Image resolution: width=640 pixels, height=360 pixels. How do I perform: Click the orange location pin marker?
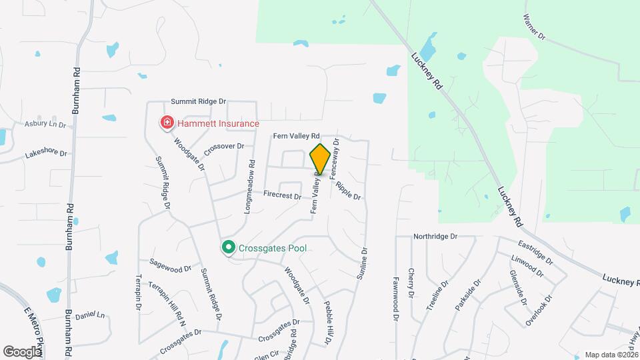pyautogui.click(x=320, y=159)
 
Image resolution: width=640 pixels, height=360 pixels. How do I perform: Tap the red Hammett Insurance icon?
pyautogui.click(x=166, y=123)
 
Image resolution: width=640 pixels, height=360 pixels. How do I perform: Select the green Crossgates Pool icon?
pyautogui.click(x=228, y=248)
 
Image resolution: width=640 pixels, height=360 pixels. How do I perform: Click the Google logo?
pyautogui.click(x=22, y=351)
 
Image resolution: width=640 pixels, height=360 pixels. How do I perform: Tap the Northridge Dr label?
pyautogui.click(x=435, y=237)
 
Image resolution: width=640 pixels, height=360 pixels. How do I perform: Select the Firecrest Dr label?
pyautogui.click(x=282, y=196)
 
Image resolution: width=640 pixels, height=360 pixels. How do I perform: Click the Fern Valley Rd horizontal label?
pyautogui.click(x=297, y=136)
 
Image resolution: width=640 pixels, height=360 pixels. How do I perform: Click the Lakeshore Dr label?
pyautogui.click(x=46, y=153)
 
